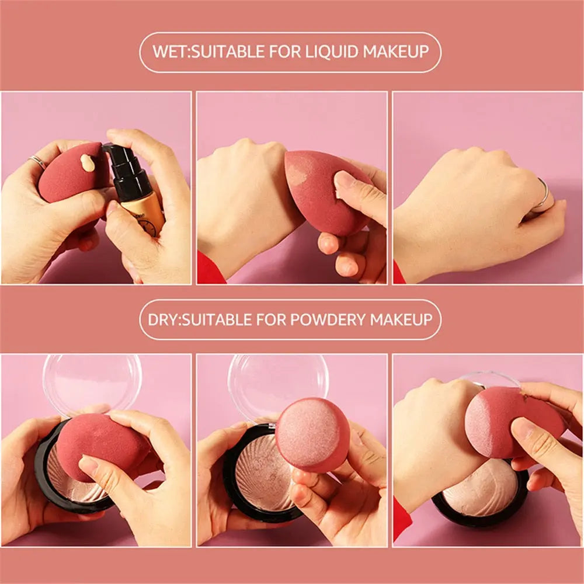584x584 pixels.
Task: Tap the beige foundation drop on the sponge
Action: [x=88, y=162]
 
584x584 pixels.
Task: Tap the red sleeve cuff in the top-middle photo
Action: [x=210, y=270]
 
